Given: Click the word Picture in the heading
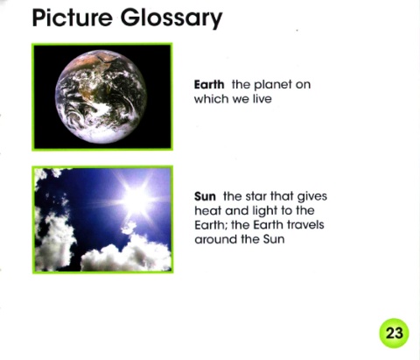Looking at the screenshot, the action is (72, 18).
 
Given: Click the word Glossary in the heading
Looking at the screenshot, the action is (171, 18).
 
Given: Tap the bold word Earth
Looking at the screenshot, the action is (209, 85).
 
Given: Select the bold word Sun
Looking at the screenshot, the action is (205, 196).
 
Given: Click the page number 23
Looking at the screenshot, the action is (394, 333).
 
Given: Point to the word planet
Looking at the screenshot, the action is (273, 85).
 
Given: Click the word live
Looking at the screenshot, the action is (262, 99).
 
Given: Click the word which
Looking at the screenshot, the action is (212, 99).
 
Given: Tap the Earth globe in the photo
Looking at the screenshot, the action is (101, 97).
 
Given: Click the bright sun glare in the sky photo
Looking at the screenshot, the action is (136, 199).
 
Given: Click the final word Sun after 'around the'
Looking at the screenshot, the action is (274, 239).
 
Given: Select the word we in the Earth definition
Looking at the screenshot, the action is (241, 100).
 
